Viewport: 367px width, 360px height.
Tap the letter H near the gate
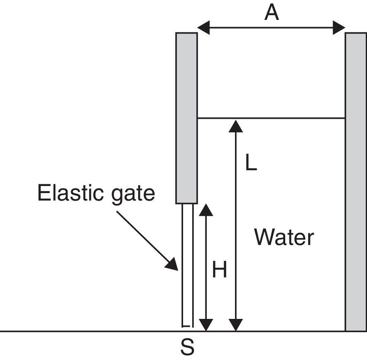(x=219, y=271)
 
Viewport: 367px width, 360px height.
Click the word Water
(x=284, y=238)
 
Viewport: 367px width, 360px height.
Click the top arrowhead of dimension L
(x=236, y=126)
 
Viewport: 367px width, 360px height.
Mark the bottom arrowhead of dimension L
(x=236, y=325)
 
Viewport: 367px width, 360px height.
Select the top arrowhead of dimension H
(x=206, y=210)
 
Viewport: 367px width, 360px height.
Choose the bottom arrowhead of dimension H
(x=206, y=325)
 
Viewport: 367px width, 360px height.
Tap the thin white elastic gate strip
(x=188, y=266)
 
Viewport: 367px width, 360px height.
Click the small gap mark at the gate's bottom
(x=187, y=326)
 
